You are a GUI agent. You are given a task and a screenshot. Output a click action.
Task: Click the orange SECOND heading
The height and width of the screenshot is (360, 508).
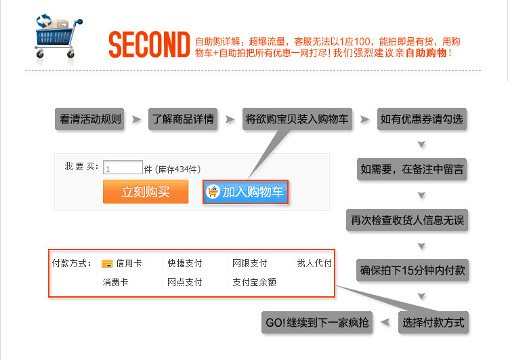148,45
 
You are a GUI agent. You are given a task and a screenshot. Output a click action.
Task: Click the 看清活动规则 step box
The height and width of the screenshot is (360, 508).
90,119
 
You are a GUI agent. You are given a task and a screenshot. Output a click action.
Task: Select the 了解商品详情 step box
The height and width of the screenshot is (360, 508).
183,119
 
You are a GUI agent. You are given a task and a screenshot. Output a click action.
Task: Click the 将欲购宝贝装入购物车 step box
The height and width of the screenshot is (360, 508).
297,119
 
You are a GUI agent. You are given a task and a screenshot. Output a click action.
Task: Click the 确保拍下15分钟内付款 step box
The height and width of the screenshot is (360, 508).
412,271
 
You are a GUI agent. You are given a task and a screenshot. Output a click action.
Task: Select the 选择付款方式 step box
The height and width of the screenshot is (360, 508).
433,322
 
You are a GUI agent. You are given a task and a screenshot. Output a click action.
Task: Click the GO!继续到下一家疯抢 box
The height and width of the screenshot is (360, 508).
316,322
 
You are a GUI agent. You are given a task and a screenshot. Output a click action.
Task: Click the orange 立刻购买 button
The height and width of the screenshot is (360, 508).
146,192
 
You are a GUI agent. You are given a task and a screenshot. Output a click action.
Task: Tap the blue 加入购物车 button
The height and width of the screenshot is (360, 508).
246,192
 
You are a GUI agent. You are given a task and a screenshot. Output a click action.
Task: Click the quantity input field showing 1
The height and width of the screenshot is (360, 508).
123,167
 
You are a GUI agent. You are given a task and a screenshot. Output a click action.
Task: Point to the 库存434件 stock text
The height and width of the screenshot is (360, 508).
179,169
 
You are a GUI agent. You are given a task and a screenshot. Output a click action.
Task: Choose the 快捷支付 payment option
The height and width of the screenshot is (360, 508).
185,263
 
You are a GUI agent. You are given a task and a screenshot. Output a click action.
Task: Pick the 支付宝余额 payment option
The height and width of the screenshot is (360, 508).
254,282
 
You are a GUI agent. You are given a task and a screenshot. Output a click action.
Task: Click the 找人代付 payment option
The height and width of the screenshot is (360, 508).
314,263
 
